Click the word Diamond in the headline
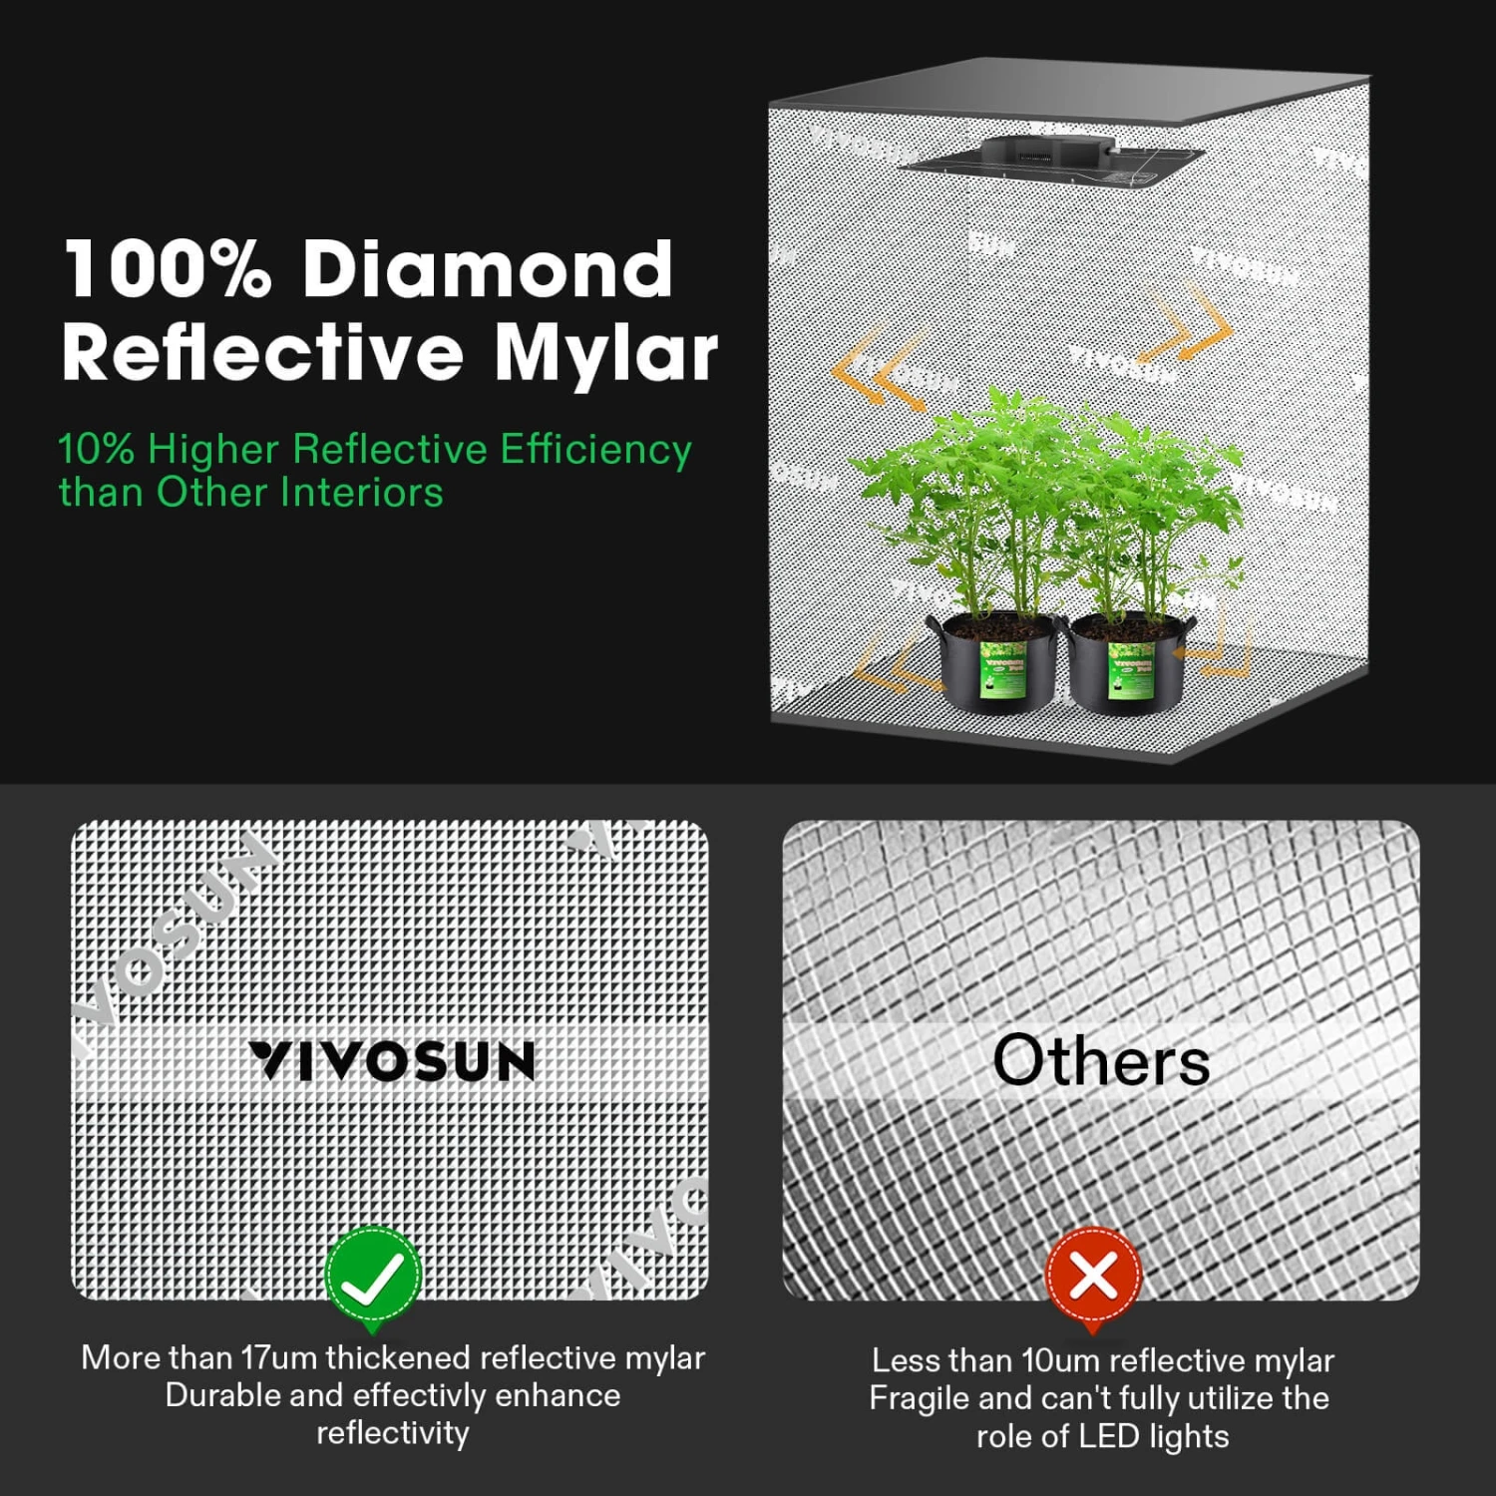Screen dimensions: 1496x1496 488,268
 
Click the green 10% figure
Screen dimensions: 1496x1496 96,450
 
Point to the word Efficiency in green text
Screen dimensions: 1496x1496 595,450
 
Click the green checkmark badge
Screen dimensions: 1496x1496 373,1276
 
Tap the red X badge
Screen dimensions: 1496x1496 1093,1276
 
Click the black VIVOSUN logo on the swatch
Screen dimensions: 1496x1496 392,1061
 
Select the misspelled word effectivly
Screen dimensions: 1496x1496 420,1395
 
